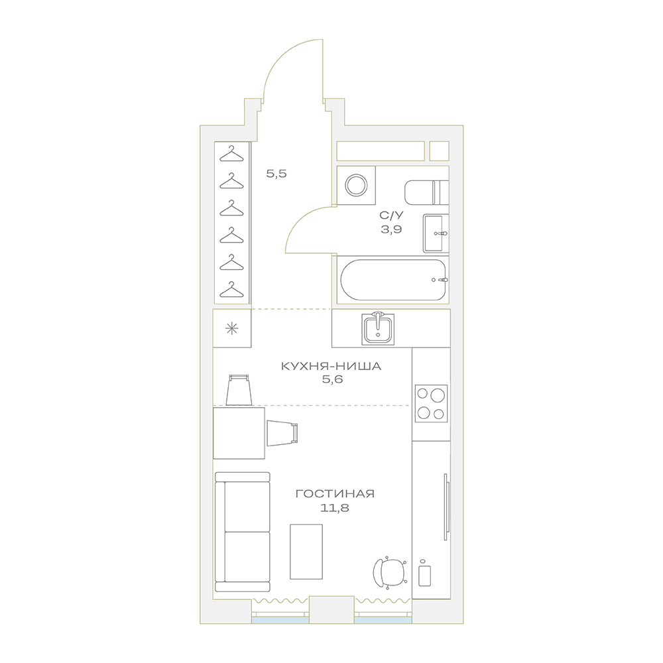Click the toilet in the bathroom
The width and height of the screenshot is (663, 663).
click(x=426, y=192)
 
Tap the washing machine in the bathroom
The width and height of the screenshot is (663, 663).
click(x=357, y=185)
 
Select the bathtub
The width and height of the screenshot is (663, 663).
click(x=393, y=280)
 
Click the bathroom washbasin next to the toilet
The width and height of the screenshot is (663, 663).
click(x=436, y=233)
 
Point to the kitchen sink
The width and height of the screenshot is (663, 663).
click(x=378, y=329)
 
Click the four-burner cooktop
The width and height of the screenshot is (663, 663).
click(x=431, y=403)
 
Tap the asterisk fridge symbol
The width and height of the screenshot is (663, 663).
click(x=231, y=329)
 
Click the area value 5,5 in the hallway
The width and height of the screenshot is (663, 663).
click(x=276, y=173)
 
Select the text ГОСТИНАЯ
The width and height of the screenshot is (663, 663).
click(x=335, y=493)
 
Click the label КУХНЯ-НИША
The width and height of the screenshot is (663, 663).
click(x=331, y=366)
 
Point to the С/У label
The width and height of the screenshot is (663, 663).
click(x=392, y=215)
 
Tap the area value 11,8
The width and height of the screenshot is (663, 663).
click(x=334, y=508)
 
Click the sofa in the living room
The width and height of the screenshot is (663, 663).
click(x=242, y=532)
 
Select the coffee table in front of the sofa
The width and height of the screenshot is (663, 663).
click(x=306, y=552)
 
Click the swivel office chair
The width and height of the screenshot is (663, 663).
click(x=391, y=573)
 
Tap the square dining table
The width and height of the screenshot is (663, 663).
click(x=239, y=433)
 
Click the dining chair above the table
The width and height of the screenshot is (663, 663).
click(x=239, y=389)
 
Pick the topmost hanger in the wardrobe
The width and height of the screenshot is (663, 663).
click(x=231, y=154)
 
